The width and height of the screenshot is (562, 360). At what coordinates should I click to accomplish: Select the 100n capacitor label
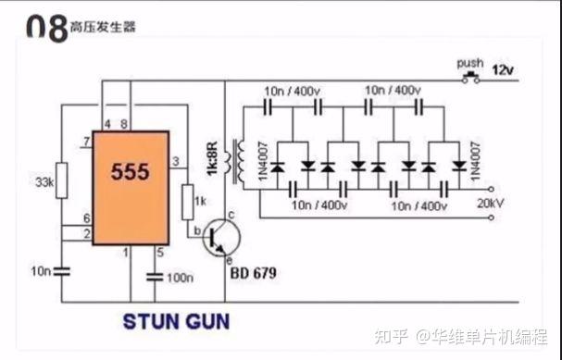point(181,278)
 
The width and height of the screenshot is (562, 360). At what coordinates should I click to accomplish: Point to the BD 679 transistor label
point(253,274)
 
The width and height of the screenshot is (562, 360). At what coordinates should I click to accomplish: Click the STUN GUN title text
point(177,322)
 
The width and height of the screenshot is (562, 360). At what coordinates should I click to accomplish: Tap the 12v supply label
point(503,70)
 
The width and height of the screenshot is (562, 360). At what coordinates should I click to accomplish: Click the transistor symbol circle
point(219,237)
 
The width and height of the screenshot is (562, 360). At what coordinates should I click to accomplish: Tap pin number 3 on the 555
point(176,163)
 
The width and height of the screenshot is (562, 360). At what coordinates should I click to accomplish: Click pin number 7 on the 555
point(86,142)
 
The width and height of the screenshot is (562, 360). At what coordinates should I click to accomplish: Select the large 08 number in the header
point(46,28)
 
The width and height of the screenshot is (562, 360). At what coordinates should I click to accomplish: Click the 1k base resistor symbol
point(188,198)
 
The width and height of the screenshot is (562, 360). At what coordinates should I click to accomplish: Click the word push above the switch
point(470,63)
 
